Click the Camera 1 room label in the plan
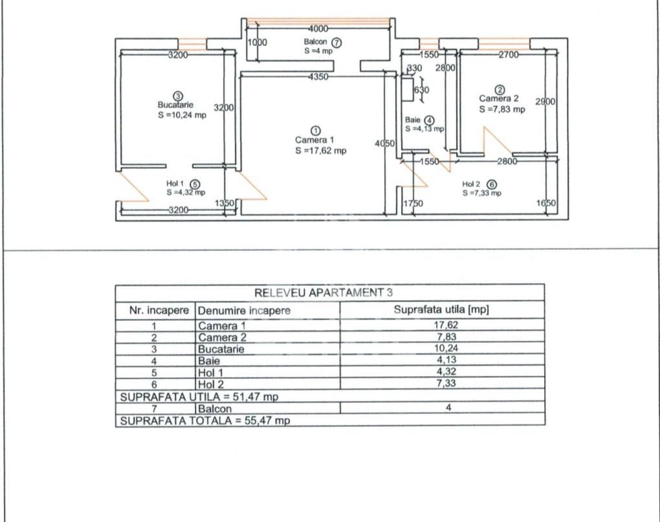(314, 140)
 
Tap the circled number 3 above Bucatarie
(178, 96)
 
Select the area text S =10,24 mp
(182, 115)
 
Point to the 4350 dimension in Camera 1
(318, 77)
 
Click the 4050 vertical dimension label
(384, 144)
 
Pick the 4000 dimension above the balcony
(318, 28)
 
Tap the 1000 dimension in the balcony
(258, 42)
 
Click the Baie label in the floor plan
(413, 120)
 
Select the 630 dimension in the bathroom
(421, 90)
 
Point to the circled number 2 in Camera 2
(499, 89)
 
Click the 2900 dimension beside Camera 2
(545, 102)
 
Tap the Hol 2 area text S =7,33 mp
(481, 193)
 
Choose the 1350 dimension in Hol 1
(224, 204)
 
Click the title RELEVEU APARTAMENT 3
(329, 292)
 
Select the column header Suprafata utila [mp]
(441, 310)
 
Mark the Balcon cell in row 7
(215, 409)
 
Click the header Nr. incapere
(159, 310)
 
